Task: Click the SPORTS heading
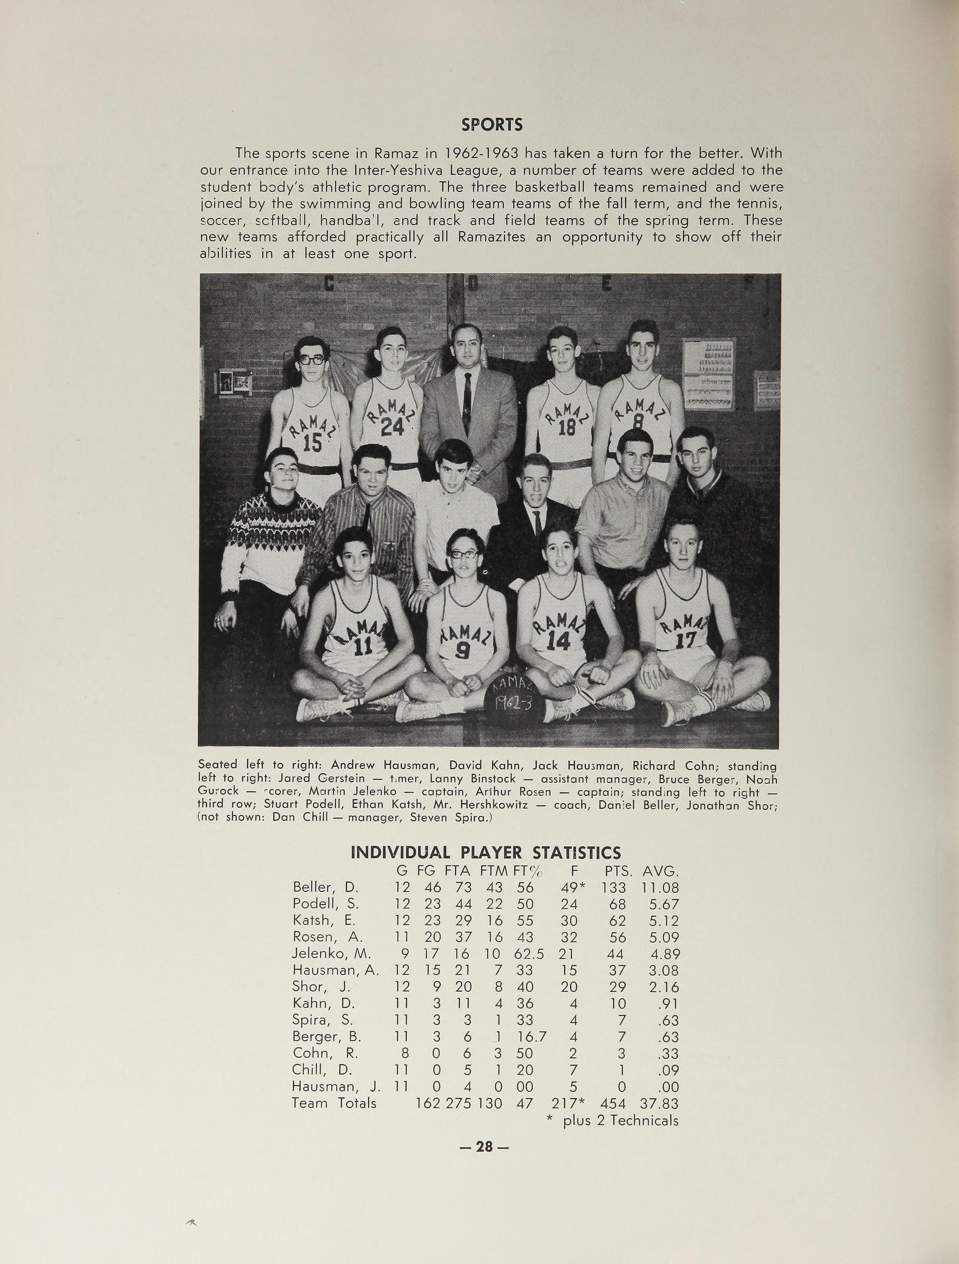tap(492, 125)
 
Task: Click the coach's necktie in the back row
tap(467, 403)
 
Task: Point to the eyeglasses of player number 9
tap(463, 554)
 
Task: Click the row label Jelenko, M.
tap(331, 954)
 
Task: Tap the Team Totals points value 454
tap(613, 1103)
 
